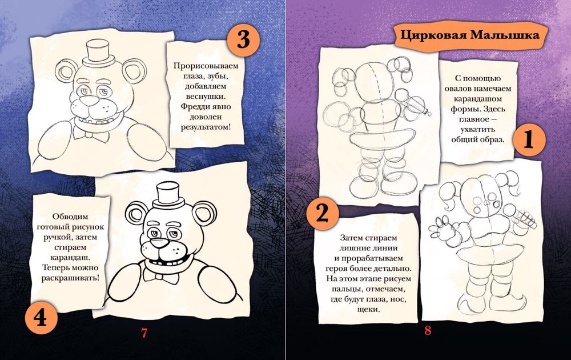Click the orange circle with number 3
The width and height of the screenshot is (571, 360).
point(243,41)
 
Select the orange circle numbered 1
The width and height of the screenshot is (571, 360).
point(529,141)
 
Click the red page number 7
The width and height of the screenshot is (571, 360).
point(144,331)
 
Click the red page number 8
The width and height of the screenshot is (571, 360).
point(429,330)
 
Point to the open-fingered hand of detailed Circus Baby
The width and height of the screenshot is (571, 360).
point(440,229)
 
